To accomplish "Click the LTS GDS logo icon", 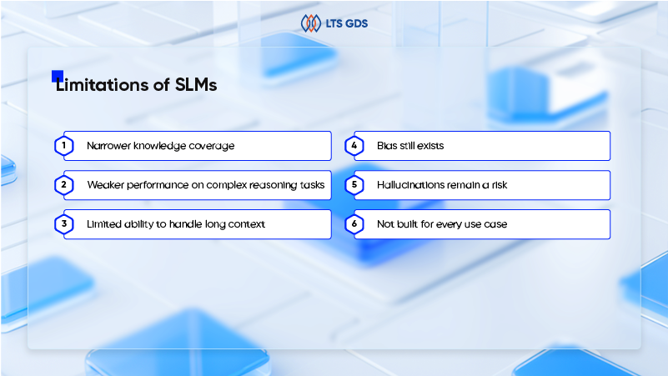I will pyautogui.click(x=310, y=23).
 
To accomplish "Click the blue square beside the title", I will pyautogui.click(x=58, y=75).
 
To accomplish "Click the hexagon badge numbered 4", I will pyautogui.click(x=354, y=146).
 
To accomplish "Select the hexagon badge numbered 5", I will pyautogui.click(x=354, y=185).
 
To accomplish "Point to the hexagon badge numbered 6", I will pyautogui.click(x=354, y=224).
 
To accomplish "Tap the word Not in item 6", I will pyautogui.click(x=385, y=224).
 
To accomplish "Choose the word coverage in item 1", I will pyautogui.click(x=208, y=146).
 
